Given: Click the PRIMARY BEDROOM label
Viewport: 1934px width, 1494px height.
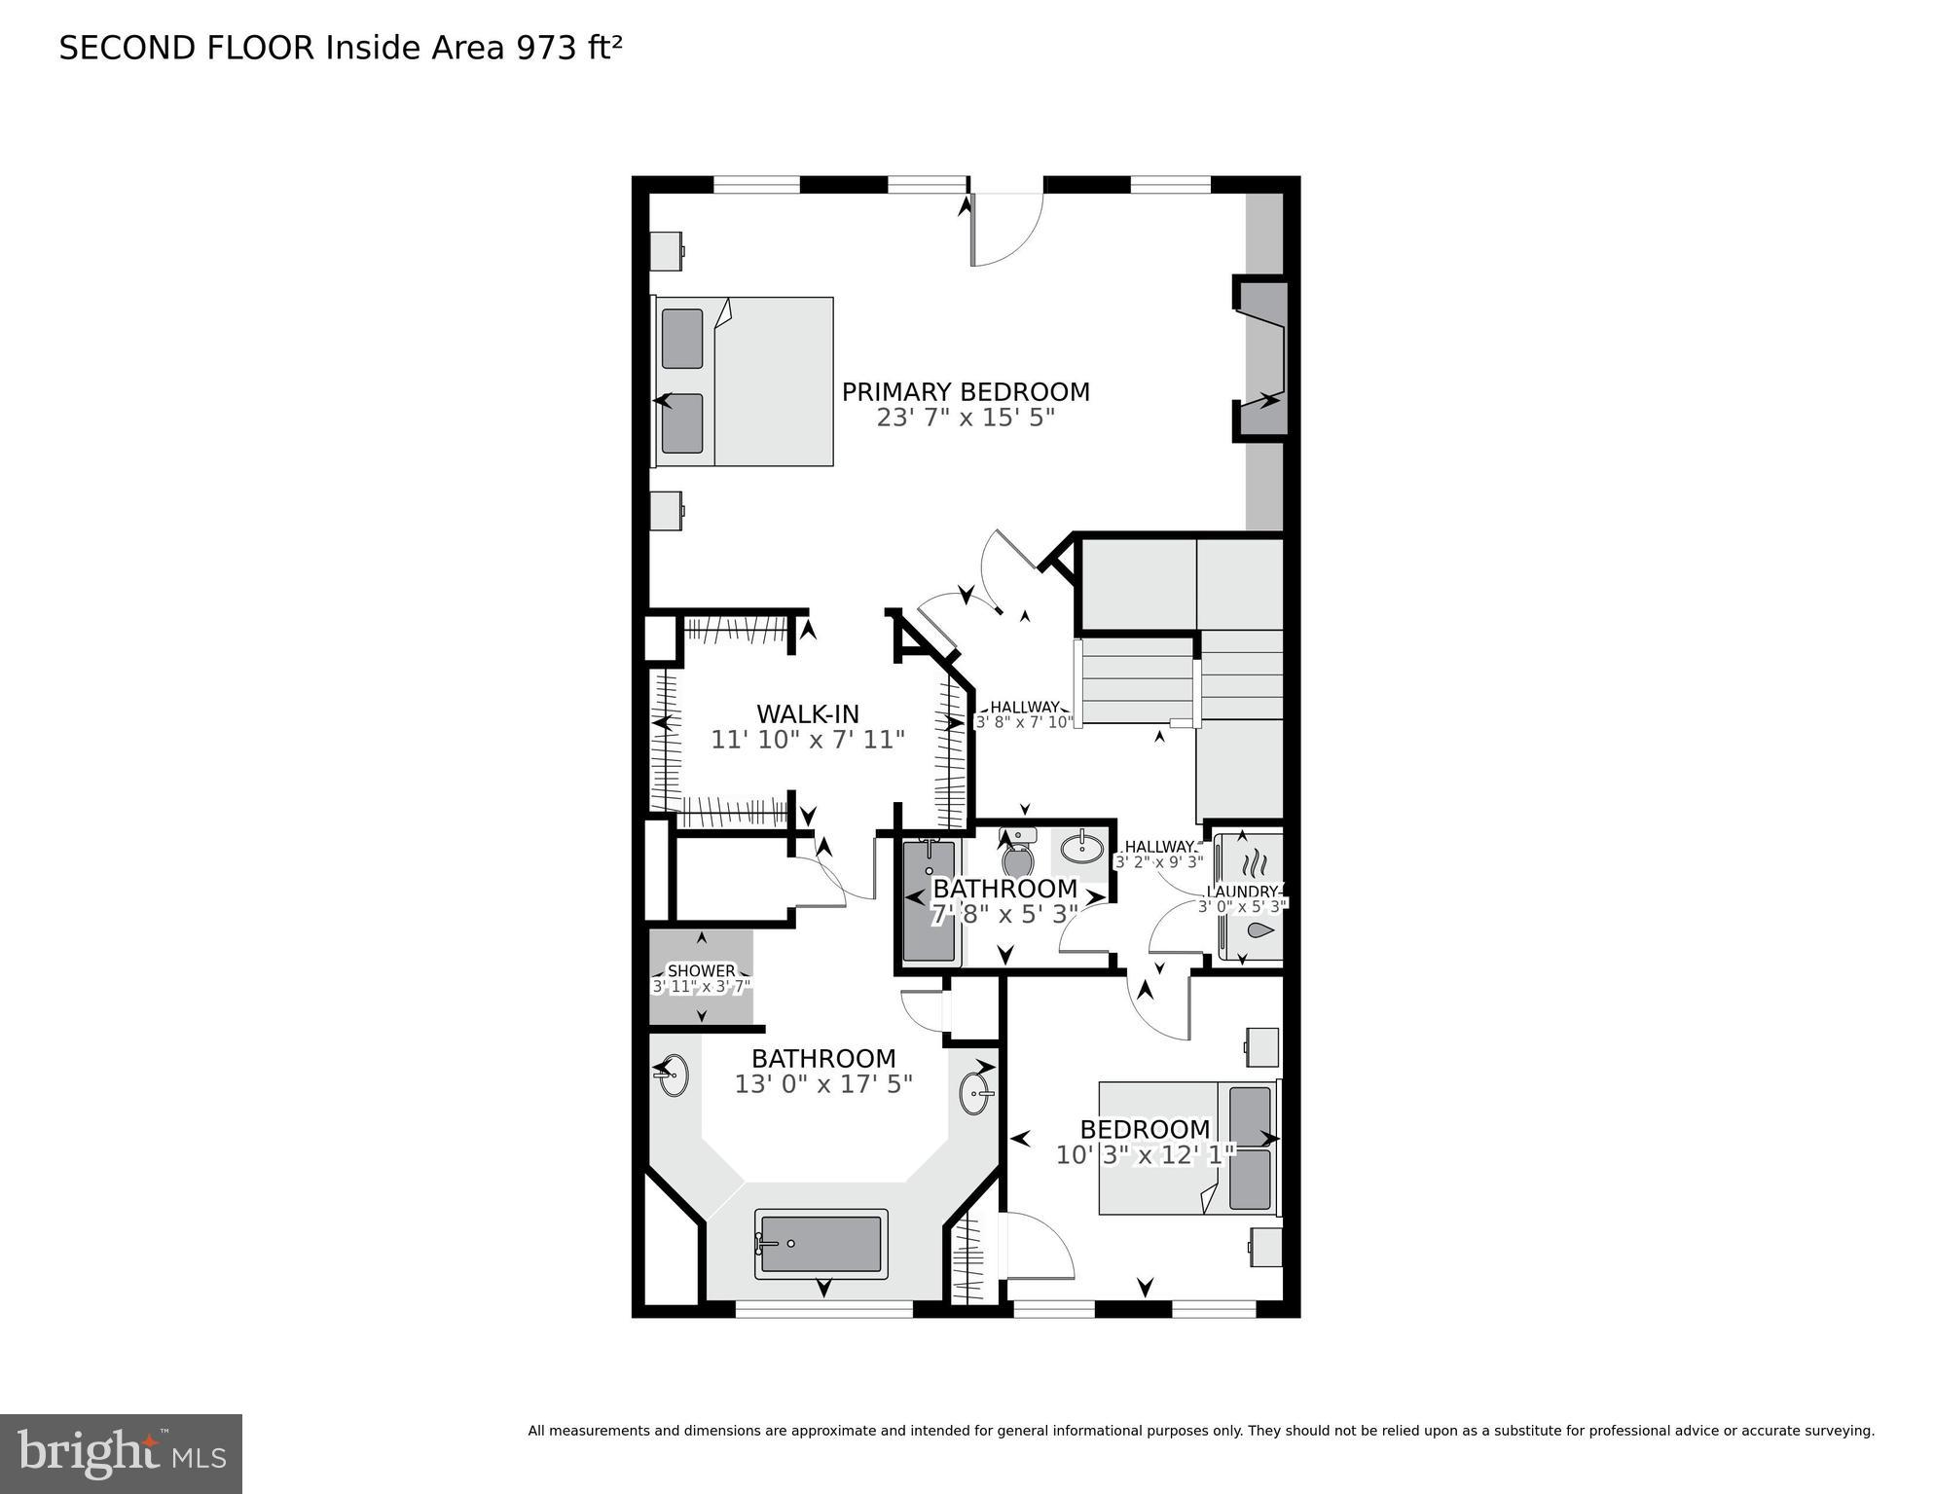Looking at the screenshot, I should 965,392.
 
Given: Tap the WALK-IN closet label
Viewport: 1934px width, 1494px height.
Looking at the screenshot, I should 808,713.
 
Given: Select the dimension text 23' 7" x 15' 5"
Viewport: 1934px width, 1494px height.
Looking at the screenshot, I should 965,419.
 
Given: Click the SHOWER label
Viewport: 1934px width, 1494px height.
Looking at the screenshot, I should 701,970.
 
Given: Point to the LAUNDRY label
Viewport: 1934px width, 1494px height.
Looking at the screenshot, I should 1242,892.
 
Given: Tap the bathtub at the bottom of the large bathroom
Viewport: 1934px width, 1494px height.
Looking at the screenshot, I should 821,1243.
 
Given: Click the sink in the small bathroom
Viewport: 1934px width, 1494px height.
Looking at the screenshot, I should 1080,849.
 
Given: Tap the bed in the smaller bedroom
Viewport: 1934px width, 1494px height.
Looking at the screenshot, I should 1187,1148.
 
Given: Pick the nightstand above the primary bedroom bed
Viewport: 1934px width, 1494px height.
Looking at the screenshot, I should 667,251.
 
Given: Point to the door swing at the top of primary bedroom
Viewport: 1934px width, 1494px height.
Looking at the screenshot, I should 1006,230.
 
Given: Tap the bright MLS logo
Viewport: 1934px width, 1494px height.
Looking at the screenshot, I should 121,1454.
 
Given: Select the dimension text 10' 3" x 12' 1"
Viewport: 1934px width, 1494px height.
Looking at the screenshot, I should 1145,1155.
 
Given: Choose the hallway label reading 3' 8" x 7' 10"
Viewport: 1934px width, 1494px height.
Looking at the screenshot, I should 1024,722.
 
